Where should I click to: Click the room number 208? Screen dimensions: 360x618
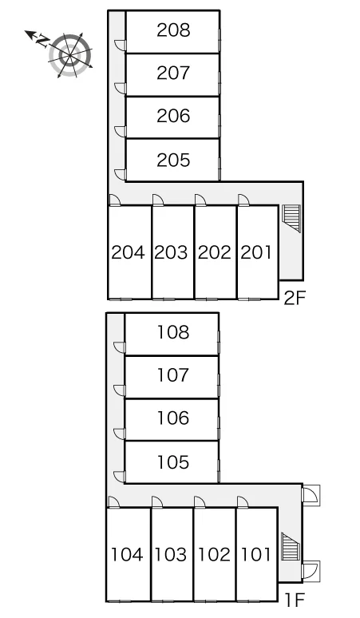(173, 30)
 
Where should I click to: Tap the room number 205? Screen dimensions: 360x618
(173, 160)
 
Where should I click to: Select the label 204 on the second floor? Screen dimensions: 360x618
(128, 252)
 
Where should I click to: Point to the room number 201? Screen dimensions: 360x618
(256, 252)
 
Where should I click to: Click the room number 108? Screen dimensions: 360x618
(173, 332)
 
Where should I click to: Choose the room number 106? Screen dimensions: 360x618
(173, 418)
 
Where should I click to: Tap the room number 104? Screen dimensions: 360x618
(127, 555)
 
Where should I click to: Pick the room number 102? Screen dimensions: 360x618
(214, 555)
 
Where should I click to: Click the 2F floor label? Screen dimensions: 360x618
(295, 299)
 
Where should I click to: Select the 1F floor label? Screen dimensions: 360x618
(295, 600)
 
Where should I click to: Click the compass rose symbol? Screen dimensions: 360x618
(70, 56)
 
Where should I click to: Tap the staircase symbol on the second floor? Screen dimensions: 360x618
(292, 217)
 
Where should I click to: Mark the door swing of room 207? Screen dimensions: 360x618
(120, 89)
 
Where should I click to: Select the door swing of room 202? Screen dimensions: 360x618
(200, 200)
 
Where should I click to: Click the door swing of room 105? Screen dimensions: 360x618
(119, 477)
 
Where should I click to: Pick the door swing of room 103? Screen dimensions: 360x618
(157, 501)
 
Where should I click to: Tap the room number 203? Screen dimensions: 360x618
(171, 252)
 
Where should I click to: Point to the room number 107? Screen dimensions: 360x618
(173, 374)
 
